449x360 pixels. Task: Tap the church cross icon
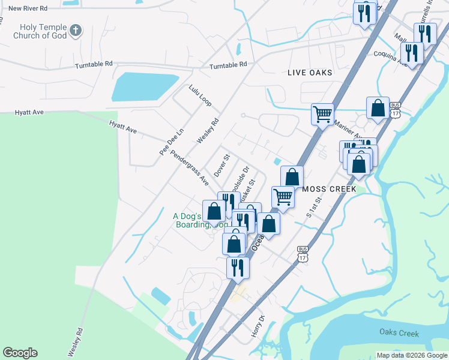(x=76, y=29)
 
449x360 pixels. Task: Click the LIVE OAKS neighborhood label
(x=309, y=73)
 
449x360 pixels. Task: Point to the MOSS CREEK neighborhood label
(x=330, y=189)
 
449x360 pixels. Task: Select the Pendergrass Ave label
(x=189, y=167)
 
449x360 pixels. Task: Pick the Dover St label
(x=222, y=165)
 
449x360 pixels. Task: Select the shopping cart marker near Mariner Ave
(x=322, y=113)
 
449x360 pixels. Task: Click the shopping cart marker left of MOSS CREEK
(x=282, y=196)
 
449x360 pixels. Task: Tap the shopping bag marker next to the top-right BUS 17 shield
(x=378, y=108)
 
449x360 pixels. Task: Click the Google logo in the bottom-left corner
(x=20, y=353)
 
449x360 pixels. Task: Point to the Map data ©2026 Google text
(x=411, y=355)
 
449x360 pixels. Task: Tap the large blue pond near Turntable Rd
(x=144, y=87)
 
